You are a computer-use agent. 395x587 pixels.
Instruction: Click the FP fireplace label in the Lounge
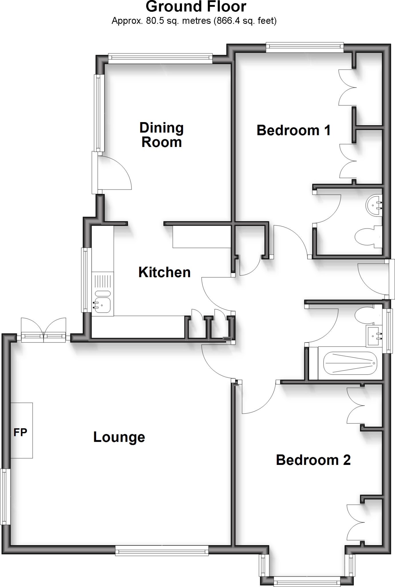coord(20,432)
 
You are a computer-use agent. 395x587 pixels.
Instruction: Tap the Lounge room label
coord(119,437)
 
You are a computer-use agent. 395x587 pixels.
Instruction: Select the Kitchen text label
coord(165,272)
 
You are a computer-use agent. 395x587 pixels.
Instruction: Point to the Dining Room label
coord(161,135)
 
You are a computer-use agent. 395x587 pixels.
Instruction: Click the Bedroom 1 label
coord(294,130)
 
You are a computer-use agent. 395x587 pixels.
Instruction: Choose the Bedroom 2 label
coord(313,460)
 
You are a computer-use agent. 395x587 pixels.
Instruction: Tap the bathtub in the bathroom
coord(350,363)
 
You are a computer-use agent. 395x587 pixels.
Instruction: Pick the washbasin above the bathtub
coord(374,335)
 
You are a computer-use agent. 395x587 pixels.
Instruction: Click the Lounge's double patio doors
coord(44,332)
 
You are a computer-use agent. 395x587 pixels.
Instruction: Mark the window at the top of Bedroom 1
coord(305,47)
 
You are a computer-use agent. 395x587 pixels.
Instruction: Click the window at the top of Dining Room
coord(160,59)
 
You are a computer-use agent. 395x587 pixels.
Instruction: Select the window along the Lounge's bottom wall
coord(162,551)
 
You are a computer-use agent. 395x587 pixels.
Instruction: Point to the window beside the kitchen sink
coord(85,280)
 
